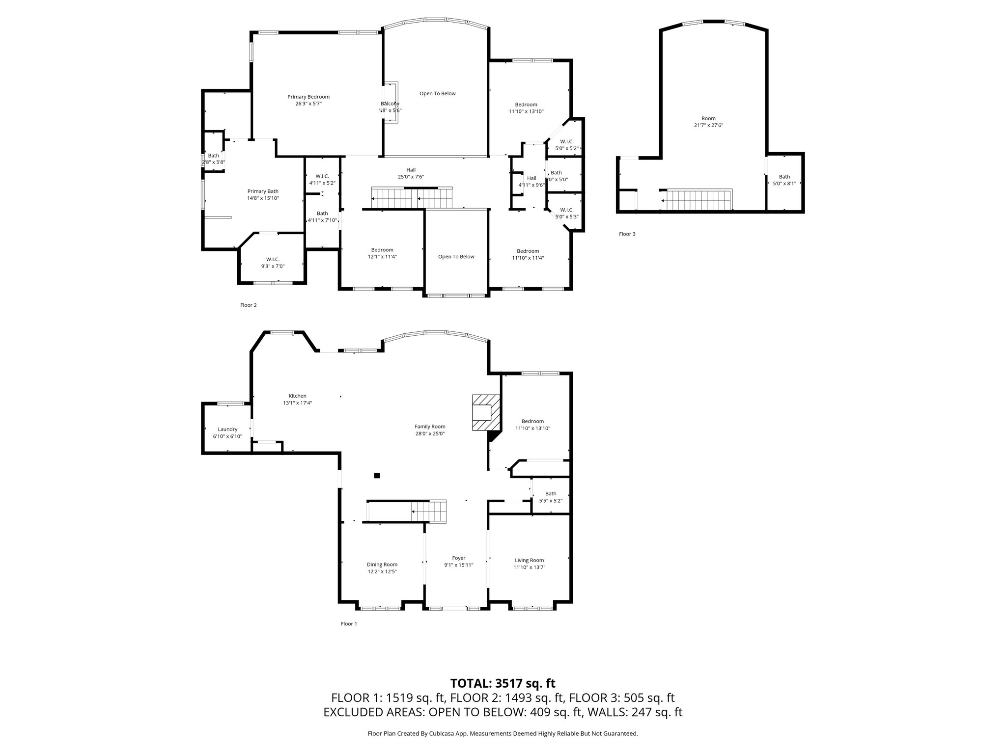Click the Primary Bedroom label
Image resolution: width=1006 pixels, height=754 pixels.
click(x=308, y=97)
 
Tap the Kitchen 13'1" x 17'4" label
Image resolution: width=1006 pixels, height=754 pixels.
click(x=297, y=399)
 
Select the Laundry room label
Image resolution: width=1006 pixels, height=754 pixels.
click(x=227, y=429)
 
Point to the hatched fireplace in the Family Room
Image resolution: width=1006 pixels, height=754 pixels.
click(x=486, y=412)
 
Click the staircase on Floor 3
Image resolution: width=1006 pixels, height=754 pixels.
click(x=697, y=200)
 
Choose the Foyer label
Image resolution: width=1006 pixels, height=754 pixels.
click(x=458, y=558)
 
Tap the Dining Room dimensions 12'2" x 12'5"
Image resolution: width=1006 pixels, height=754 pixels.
click(x=382, y=571)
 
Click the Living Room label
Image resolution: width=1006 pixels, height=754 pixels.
click(x=529, y=560)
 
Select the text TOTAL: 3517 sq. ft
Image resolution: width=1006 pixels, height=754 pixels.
click(x=503, y=683)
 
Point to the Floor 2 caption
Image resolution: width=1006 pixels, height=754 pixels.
click(x=248, y=305)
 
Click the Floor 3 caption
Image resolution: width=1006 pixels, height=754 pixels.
click(x=627, y=234)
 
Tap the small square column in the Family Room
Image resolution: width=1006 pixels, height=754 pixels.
click(x=377, y=475)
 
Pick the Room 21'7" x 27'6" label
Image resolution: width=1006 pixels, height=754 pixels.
click(x=708, y=122)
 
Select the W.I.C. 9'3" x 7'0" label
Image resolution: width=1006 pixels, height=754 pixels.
click(x=273, y=263)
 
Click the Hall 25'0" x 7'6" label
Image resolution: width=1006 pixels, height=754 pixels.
click(x=411, y=173)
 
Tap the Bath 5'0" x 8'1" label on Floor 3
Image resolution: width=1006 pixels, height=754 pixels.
click(x=784, y=180)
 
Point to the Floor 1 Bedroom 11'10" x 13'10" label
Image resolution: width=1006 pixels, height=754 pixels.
click(x=532, y=425)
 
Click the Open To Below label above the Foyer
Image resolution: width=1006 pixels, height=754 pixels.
click(x=456, y=257)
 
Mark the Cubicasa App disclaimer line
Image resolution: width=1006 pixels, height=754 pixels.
click(x=503, y=733)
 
